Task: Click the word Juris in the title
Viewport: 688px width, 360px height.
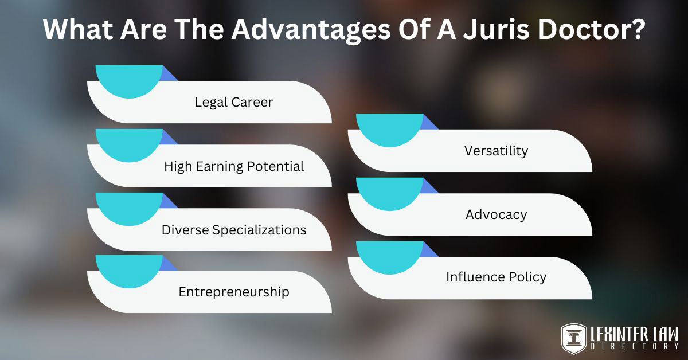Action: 491,29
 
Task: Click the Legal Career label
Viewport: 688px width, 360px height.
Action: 234,103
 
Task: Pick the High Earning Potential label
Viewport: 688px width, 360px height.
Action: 234,166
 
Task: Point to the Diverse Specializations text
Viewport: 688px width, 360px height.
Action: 234,230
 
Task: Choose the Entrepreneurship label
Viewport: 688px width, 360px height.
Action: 234,292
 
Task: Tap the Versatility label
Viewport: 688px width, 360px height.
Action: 496,151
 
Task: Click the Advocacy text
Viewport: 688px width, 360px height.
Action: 496,214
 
